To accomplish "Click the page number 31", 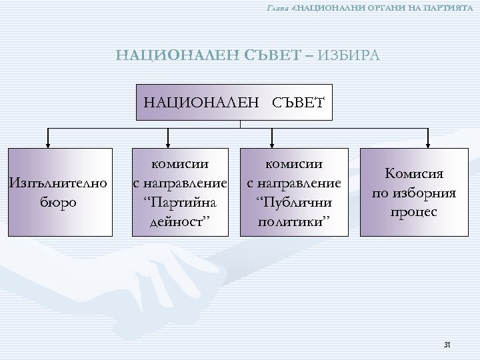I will pos(447,344).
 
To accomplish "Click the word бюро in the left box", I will pos(57,201).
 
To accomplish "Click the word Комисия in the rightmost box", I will pos(413,175).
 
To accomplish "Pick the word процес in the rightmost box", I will pos(413,212).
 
